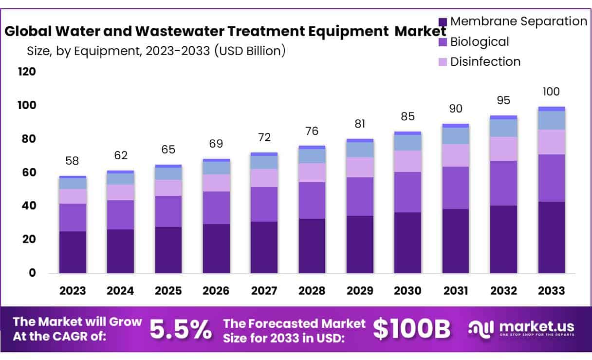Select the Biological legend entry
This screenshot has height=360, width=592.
pyautogui.click(x=479, y=42)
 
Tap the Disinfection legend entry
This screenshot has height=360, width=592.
pyautogui.click(x=485, y=62)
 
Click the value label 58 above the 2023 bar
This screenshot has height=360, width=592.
pyautogui.click(x=72, y=161)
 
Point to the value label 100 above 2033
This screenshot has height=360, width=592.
pyautogui.click(x=551, y=92)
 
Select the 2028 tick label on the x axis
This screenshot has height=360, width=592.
pyautogui.click(x=312, y=291)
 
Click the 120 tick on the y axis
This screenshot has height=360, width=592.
pyautogui.click(x=27, y=72)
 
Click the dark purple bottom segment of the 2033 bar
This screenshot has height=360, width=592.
pyautogui.click(x=551, y=237)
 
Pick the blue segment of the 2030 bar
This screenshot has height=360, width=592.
pyautogui.click(x=407, y=142)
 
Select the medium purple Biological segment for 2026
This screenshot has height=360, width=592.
pyautogui.click(x=216, y=208)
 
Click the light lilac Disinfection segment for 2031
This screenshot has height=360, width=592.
pyautogui.click(x=455, y=155)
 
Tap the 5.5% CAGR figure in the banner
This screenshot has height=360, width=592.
pyautogui.click(x=181, y=330)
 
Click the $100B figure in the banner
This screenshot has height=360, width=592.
pyautogui.click(x=411, y=330)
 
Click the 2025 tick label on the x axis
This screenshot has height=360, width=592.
pyautogui.click(x=168, y=291)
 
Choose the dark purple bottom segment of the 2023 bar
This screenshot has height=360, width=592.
pyautogui.click(x=73, y=252)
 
